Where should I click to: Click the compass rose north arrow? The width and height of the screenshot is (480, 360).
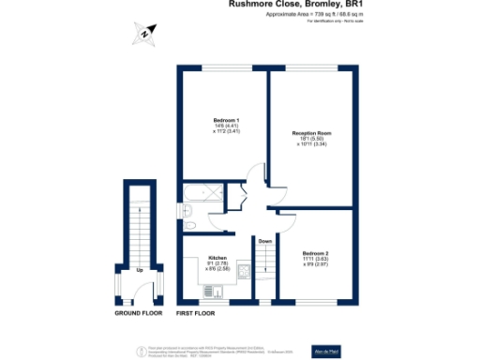[x=142, y=36]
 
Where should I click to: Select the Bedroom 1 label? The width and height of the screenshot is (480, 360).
[x=226, y=121]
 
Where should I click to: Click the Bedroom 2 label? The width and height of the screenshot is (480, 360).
[x=316, y=253]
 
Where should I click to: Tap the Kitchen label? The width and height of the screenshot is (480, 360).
[x=218, y=257]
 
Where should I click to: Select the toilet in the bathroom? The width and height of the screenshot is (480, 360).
[x=190, y=226]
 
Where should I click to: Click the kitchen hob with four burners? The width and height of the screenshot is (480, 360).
[x=243, y=271]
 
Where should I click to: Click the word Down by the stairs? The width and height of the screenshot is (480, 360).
[x=265, y=240]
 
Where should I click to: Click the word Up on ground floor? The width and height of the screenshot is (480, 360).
[x=140, y=270]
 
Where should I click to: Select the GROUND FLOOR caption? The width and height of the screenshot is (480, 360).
[x=140, y=312]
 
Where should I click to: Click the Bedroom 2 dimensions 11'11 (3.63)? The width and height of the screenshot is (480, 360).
[x=316, y=260]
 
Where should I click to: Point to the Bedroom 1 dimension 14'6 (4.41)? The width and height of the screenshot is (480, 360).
[x=226, y=127]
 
